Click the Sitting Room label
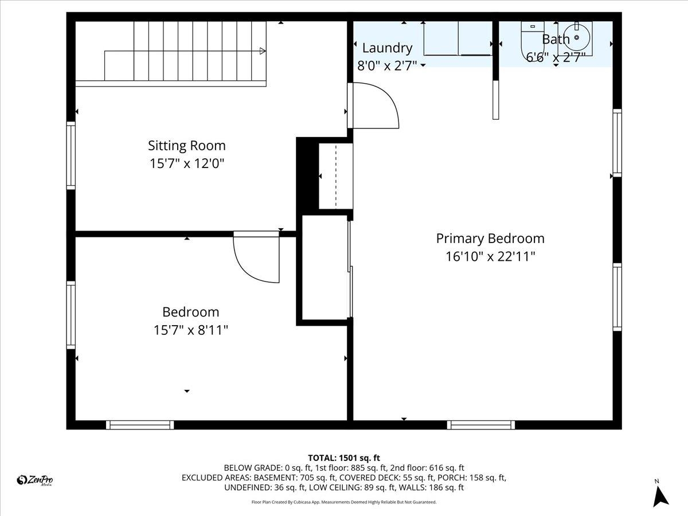186,146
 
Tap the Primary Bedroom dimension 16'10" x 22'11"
490,256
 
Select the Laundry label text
387,48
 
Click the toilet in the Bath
529,39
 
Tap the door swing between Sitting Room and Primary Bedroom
374,106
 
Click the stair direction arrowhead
263,51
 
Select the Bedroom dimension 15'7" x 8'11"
190,330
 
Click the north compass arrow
660,495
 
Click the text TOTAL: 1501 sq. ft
344,458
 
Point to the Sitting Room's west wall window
71,155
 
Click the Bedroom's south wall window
140,425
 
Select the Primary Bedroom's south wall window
480,425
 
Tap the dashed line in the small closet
335,176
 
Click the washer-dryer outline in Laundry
458,39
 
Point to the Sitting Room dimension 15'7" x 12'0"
186,164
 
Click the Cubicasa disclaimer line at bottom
344,502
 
